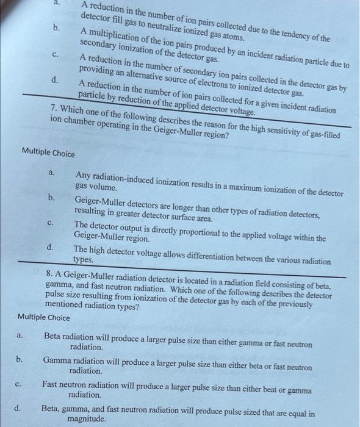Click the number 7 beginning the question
click(x=54, y=108)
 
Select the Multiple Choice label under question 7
click(x=48, y=152)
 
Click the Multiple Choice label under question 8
click(x=44, y=317)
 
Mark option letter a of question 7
click(x=52, y=174)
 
